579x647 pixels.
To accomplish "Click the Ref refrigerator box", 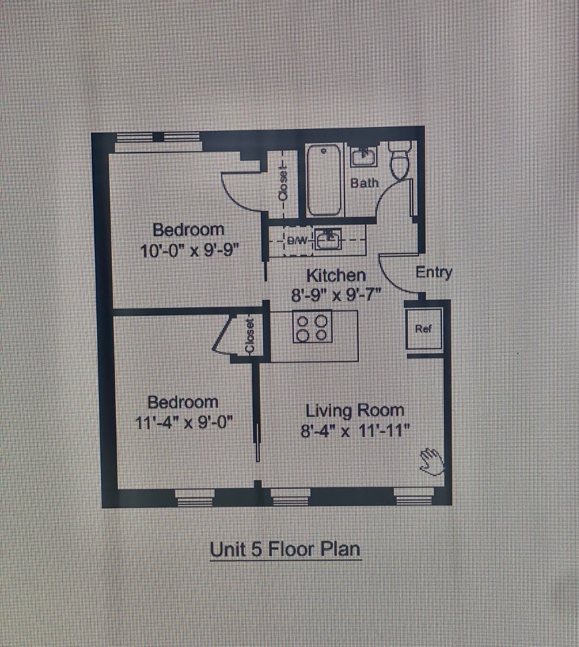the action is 423,329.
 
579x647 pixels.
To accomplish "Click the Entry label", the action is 434,272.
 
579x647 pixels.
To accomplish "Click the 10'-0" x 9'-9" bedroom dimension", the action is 189,251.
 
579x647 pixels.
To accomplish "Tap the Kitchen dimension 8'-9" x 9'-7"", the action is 336,296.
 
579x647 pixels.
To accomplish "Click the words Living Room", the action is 355,411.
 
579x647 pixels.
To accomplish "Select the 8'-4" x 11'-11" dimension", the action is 355,432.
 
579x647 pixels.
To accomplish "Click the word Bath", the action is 364,183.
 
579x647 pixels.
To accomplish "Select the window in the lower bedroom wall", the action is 195,497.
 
